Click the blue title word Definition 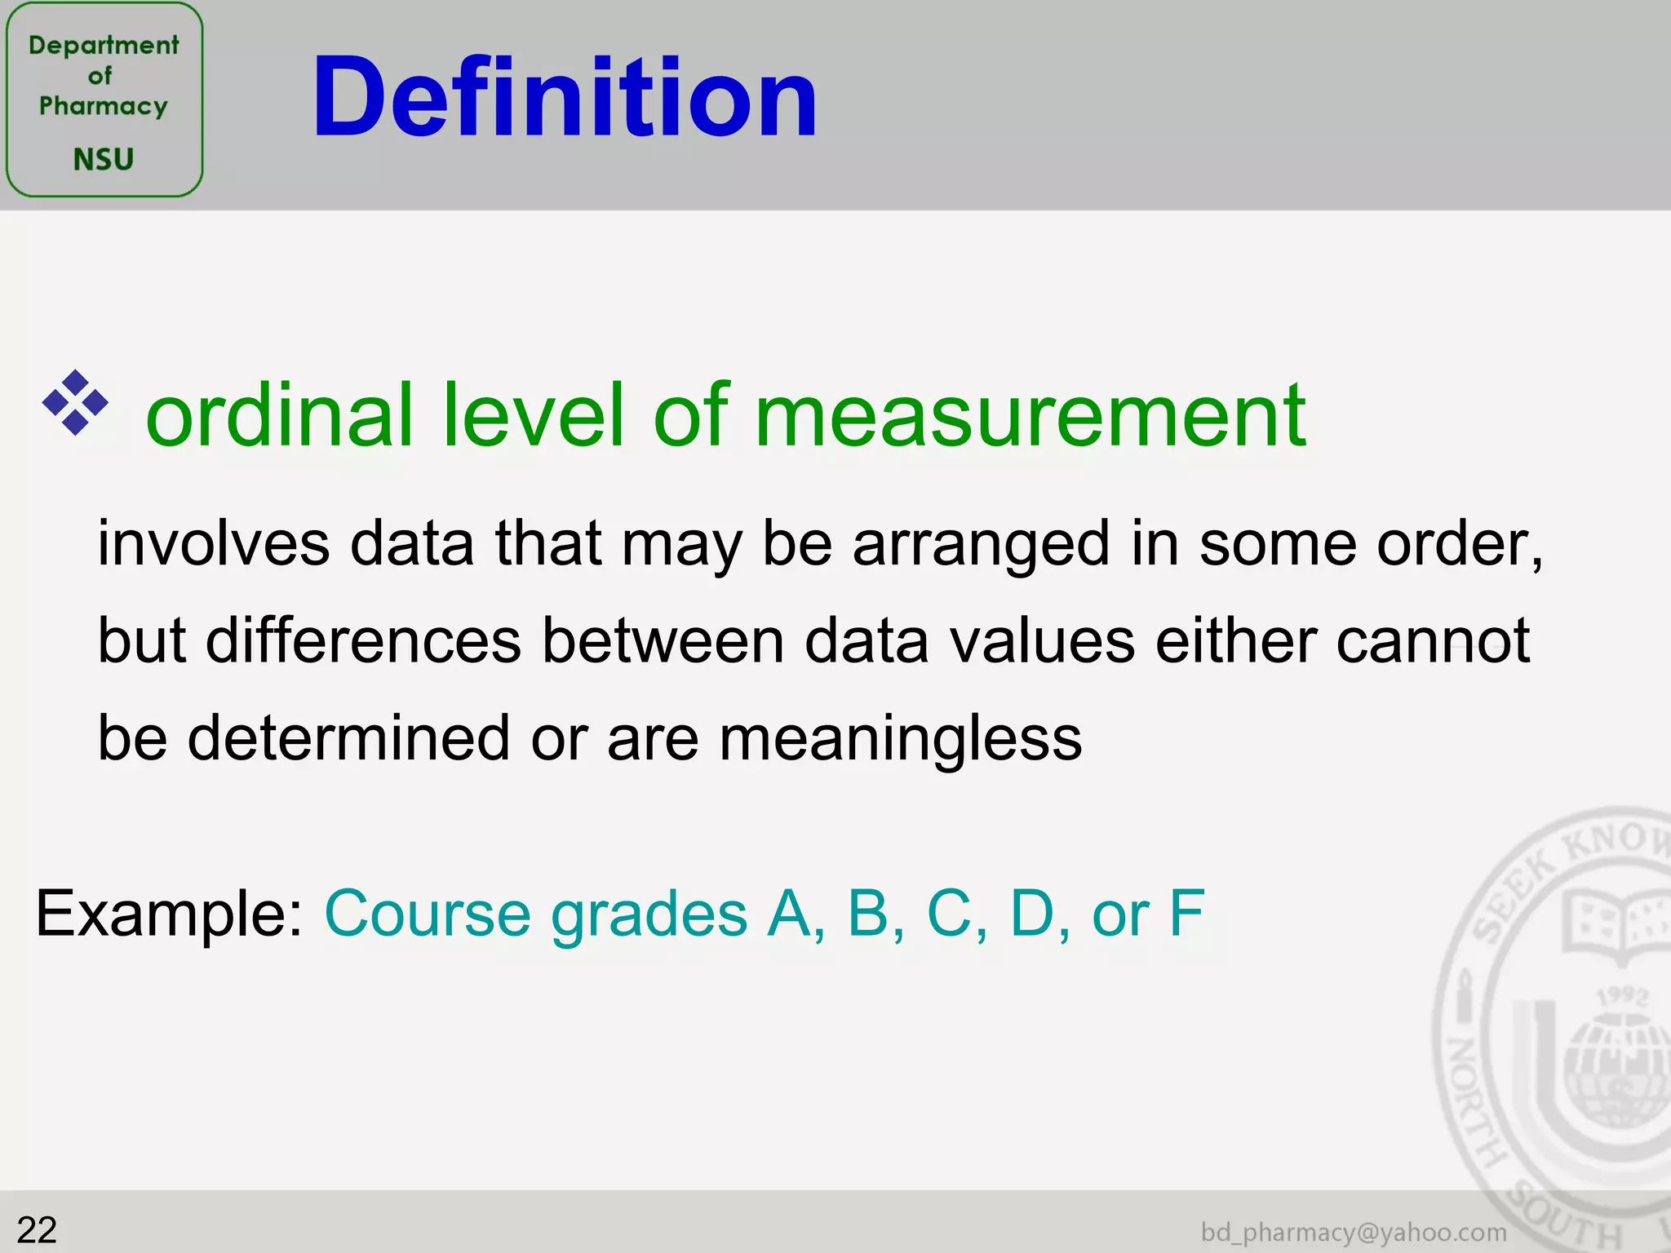click(x=565, y=98)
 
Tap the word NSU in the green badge click(x=104, y=159)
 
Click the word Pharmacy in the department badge click(x=104, y=106)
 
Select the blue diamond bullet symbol click(x=75, y=402)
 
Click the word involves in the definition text click(x=214, y=544)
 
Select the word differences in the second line click(x=363, y=641)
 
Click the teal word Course click(x=428, y=914)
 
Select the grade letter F click(x=1186, y=914)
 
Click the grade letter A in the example click(x=790, y=914)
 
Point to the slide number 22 click(x=37, y=1230)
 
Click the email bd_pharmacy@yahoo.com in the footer click(x=1354, y=1232)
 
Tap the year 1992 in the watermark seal click(x=1622, y=996)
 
